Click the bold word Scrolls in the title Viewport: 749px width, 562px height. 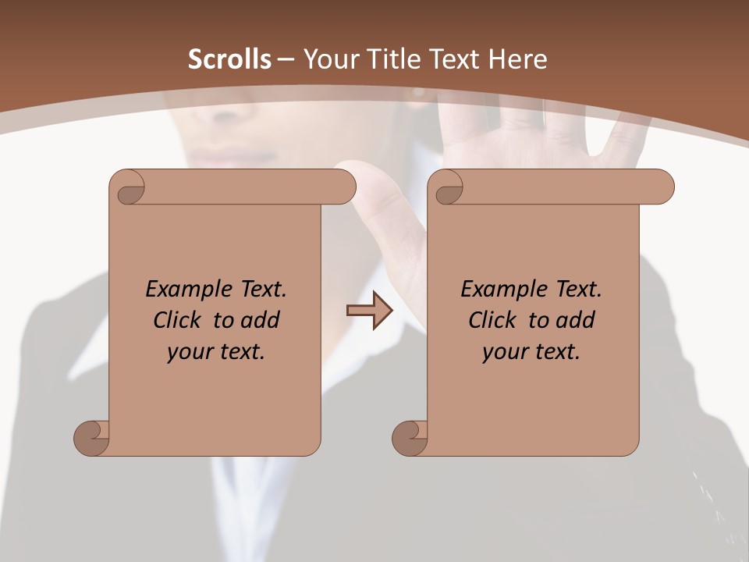(229, 59)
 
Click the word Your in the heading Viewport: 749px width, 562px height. (328, 59)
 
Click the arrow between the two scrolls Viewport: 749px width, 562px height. (370, 311)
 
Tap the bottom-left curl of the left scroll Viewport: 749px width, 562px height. (92, 436)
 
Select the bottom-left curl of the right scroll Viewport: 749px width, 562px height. (410, 436)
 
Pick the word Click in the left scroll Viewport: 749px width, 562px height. (177, 320)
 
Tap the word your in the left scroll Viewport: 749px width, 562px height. (190, 353)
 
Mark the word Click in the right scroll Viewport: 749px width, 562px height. (492, 320)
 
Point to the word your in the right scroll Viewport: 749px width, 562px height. (505, 353)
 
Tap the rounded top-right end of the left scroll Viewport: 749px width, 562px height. (344, 187)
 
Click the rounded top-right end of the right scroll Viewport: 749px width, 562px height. (662, 187)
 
